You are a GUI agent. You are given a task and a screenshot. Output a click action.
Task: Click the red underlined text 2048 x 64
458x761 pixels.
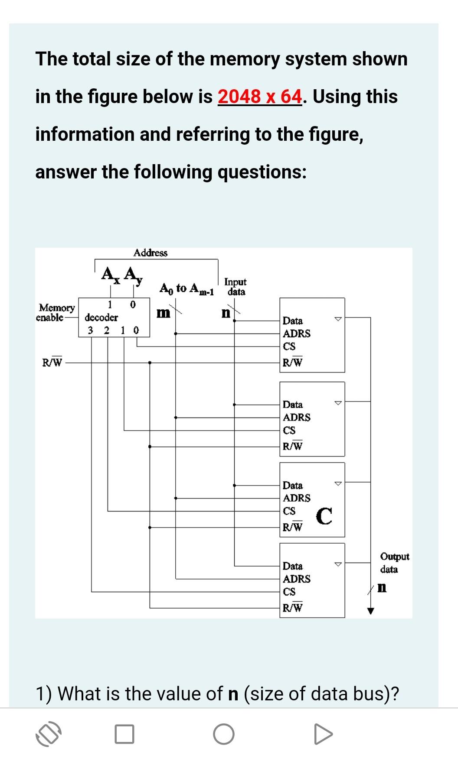[259, 97]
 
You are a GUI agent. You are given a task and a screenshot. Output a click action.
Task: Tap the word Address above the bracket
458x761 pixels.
[150, 253]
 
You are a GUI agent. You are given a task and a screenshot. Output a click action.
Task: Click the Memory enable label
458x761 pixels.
[56, 312]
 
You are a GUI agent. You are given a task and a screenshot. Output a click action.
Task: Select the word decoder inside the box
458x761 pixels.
[101, 317]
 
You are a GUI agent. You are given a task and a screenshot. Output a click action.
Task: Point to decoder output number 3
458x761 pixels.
[90, 330]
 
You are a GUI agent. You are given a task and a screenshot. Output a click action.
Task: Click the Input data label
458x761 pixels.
[235, 287]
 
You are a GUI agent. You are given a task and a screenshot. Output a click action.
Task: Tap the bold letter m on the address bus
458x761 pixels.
[163, 313]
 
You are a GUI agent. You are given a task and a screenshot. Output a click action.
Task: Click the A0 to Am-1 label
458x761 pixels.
[187, 288]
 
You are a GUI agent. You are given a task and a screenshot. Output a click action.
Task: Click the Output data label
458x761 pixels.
[394, 563]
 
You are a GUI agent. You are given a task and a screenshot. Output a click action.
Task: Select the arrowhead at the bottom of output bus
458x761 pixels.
[370, 611]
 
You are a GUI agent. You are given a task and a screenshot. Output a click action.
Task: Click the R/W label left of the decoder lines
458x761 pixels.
[52, 362]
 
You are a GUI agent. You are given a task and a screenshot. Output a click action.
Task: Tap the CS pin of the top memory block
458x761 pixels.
[289, 346]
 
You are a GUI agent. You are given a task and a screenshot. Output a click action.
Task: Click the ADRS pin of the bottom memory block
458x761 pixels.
[297, 579]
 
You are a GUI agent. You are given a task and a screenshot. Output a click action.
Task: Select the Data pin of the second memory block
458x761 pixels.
[293, 405]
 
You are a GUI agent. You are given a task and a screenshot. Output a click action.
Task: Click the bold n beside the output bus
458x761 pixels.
[382, 588]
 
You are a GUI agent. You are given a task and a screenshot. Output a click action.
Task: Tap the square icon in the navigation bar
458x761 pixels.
[124, 734]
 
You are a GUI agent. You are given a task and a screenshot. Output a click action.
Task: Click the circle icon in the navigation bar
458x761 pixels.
[224, 734]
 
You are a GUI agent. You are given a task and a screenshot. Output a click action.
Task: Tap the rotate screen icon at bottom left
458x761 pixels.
[48, 734]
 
